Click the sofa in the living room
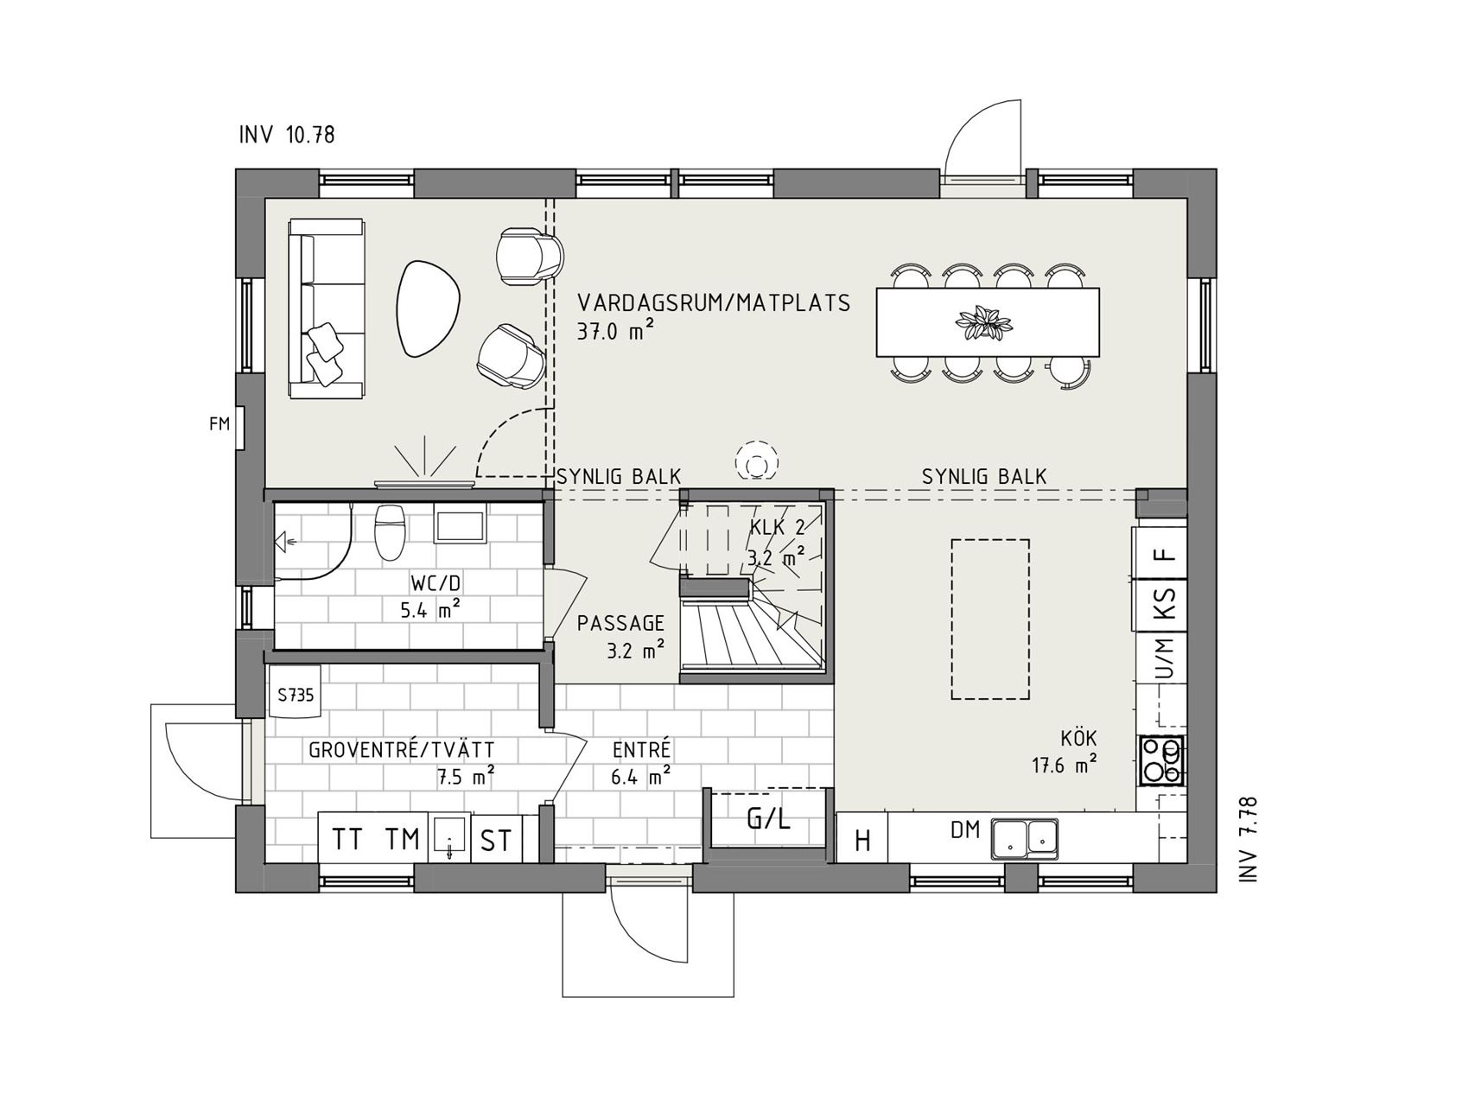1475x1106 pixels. click(326, 308)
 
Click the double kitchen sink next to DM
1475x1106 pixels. click(1024, 837)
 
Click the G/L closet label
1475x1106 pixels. click(768, 818)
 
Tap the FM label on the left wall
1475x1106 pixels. click(219, 423)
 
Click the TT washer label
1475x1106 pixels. click(348, 839)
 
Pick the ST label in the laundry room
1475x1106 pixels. click(496, 840)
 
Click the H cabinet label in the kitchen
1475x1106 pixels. click(862, 840)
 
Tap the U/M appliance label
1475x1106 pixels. click(1166, 658)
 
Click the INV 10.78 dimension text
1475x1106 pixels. click(287, 135)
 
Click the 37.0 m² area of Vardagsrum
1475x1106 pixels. click(614, 331)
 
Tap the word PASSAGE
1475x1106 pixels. click(621, 623)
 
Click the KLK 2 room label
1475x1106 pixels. click(778, 527)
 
